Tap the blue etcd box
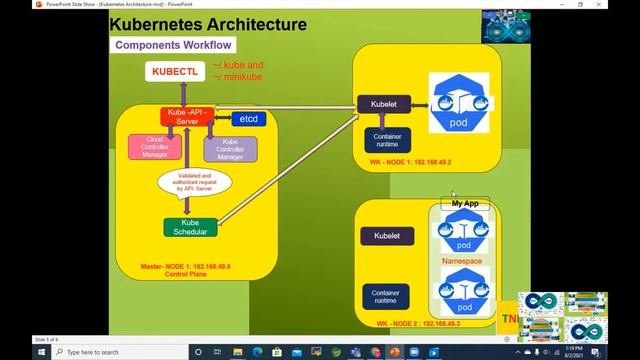pos(250,119)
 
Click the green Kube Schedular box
pos(190,227)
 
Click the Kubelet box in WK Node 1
pos(378,103)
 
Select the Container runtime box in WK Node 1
pos(386,140)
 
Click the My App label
pos(465,203)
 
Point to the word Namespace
pos(462,261)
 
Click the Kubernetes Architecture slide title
pos(207,23)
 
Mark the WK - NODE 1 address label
pos(410,161)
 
